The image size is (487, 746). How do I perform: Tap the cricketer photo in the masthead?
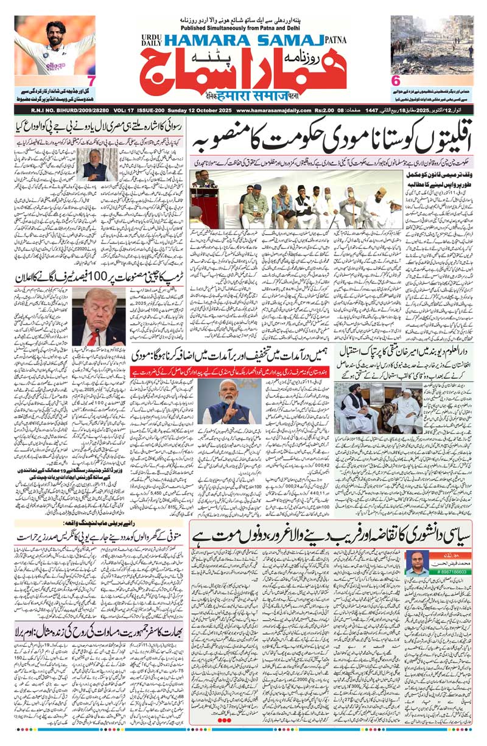pos(55,46)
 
